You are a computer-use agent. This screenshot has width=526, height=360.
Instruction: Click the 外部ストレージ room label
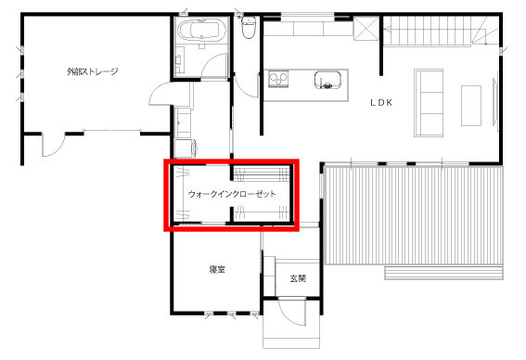click(x=93, y=71)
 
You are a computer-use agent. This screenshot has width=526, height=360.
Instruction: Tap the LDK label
click(x=381, y=103)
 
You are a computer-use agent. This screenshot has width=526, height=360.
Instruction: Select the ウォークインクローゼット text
click(x=232, y=194)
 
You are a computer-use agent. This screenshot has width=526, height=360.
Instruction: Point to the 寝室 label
click(x=217, y=269)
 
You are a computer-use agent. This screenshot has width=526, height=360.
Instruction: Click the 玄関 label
click(x=298, y=278)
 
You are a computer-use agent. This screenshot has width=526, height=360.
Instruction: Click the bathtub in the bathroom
click(x=201, y=31)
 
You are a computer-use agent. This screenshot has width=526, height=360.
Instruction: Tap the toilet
click(x=249, y=27)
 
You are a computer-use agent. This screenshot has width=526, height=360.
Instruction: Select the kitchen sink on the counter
click(x=327, y=80)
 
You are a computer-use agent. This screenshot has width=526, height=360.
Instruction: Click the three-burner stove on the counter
click(x=278, y=79)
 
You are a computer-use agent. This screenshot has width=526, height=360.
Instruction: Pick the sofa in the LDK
click(x=429, y=103)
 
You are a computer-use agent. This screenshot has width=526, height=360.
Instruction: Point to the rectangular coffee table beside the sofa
click(x=471, y=106)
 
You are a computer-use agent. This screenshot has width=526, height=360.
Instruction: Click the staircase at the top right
click(x=440, y=31)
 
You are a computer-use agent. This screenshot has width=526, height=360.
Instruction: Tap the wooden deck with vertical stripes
click(x=415, y=215)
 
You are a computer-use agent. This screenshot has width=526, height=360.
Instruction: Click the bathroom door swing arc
click(x=214, y=66)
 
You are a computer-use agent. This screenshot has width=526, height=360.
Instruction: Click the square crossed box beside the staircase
click(x=366, y=28)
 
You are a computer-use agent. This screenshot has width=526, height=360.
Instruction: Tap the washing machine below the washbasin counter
click(x=186, y=148)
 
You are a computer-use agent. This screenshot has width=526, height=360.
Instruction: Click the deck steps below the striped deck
click(x=443, y=273)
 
